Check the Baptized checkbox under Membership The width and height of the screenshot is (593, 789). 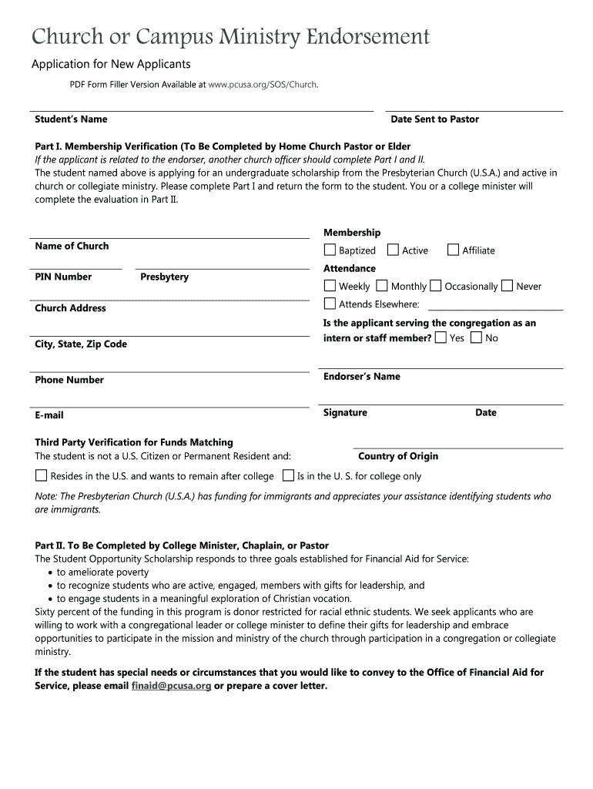click(x=330, y=250)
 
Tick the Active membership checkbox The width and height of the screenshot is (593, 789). click(x=393, y=250)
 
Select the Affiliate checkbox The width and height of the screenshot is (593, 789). click(x=453, y=250)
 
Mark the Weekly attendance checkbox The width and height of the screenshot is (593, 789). click(x=330, y=286)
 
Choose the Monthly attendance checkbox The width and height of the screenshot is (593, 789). click(x=383, y=286)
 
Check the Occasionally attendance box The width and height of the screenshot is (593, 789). click(x=436, y=286)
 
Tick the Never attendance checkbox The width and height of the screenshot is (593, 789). click(x=507, y=286)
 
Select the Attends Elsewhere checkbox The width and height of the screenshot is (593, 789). click(x=330, y=304)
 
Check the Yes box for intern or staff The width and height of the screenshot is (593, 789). click(x=441, y=337)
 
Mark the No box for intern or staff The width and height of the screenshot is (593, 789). click(x=477, y=337)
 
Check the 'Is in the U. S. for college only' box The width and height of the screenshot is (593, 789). click(x=288, y=475)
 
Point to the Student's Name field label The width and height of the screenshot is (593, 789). click(x=71, y=119)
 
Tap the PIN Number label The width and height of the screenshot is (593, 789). click(x=63, y=277)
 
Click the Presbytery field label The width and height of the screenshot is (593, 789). click(x=164, y=277)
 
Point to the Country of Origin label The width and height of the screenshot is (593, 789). click(x=397, y=456)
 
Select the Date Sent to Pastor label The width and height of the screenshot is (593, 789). click(x=434, y=119)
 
